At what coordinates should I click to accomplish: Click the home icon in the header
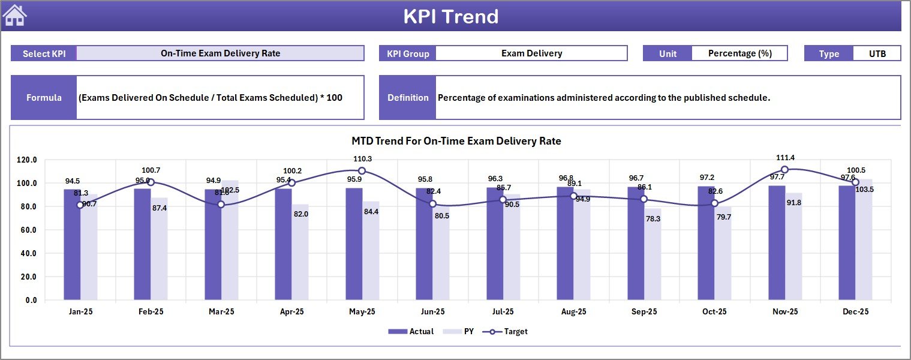click(15, 16)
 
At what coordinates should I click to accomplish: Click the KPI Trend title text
click(450, 16)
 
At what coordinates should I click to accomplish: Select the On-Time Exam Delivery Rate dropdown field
click(220, 53)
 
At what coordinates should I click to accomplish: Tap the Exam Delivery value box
click(531, 53)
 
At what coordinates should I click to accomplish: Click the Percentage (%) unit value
click(739, 53)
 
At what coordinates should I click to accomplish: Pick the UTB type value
click(877, 53)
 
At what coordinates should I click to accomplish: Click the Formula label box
click(44, 98)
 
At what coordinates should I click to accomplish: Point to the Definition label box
click(408, 98)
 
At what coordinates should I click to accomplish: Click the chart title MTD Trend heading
click(456, 142)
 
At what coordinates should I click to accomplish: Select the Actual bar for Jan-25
click(72, 245)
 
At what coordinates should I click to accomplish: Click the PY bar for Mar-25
click(230, 240)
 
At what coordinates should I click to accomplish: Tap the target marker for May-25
click(362, 171)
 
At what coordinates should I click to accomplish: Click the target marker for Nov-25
click(784, 170)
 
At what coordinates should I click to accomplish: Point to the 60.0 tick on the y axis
click(27, 230)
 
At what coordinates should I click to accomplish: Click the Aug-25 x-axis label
click(573, 312)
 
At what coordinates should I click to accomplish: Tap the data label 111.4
click(785, 158)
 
